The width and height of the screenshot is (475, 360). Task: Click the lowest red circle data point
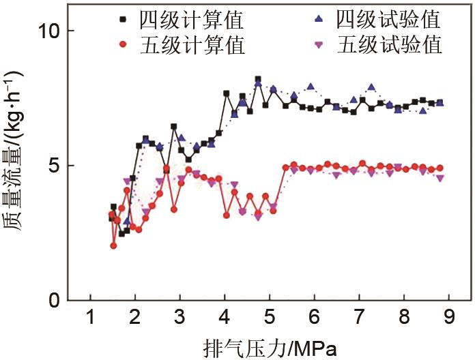[113, 245]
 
